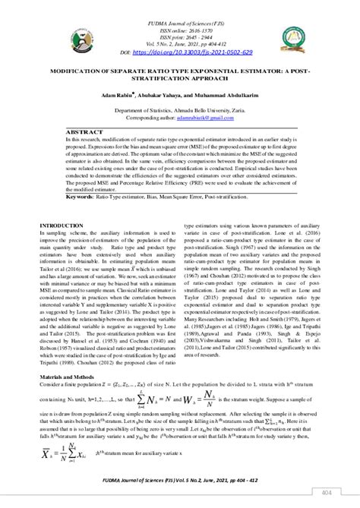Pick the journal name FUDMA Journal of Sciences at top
(x=179, y=7)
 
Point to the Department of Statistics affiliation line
(x=179, y=109)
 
